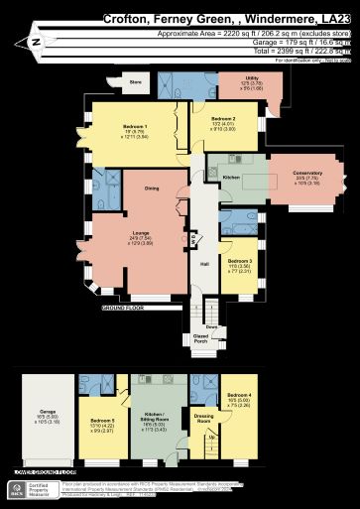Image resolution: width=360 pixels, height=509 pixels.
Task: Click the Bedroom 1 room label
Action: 135,126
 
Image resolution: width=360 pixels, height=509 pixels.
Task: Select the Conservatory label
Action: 307,174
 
